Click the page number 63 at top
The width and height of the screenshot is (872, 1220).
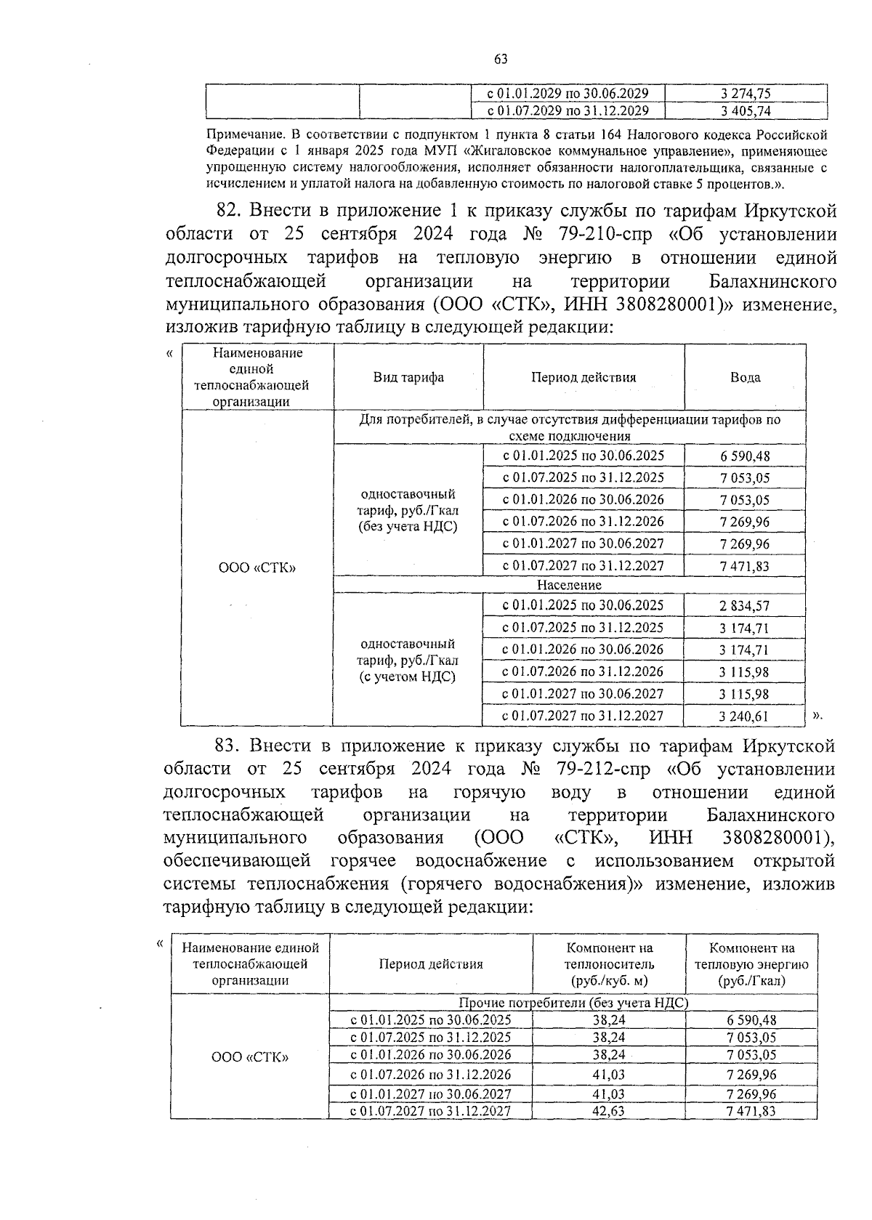(500, 60)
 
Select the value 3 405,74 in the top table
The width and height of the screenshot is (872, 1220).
(746, 111)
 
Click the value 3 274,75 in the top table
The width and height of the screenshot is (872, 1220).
(746, 93)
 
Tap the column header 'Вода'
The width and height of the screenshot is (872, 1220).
(745, 377)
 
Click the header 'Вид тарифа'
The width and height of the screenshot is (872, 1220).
(408, 377)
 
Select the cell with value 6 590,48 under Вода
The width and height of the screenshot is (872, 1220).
(745, 456)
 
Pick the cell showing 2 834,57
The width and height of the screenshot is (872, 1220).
(745, 606)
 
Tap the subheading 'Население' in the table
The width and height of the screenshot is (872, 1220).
(569, 585)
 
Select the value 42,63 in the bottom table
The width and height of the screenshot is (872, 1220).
(608, 1111)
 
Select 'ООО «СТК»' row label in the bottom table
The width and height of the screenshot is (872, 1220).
(249, 1057)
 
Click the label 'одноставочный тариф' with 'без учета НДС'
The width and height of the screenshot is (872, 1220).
(408, 510)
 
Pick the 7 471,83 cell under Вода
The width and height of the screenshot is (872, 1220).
(745, 566)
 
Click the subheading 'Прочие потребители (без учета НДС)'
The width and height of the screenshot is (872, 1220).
(573, 1003)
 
